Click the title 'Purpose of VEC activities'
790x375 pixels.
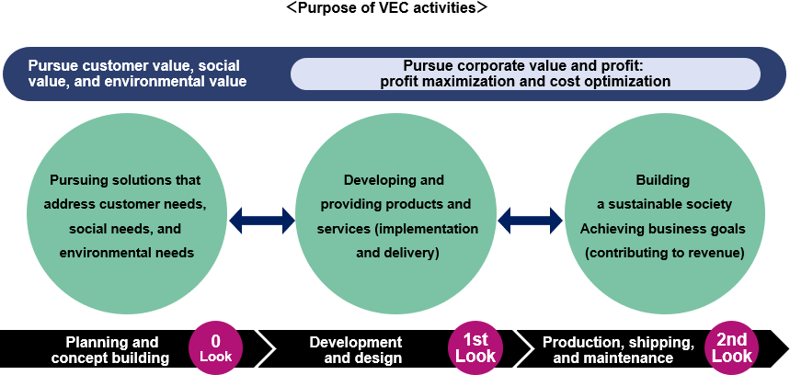click(386, 8)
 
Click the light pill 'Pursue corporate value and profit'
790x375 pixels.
click(525, 74)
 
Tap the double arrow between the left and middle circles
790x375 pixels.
click(261, 219)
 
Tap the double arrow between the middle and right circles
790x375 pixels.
click(530, 219)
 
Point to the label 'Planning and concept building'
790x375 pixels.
click(110, 350)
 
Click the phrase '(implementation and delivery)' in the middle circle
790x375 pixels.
click(397, 240)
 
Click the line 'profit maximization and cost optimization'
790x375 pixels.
click(525, 81)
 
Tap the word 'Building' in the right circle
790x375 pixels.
click(662, 180)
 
